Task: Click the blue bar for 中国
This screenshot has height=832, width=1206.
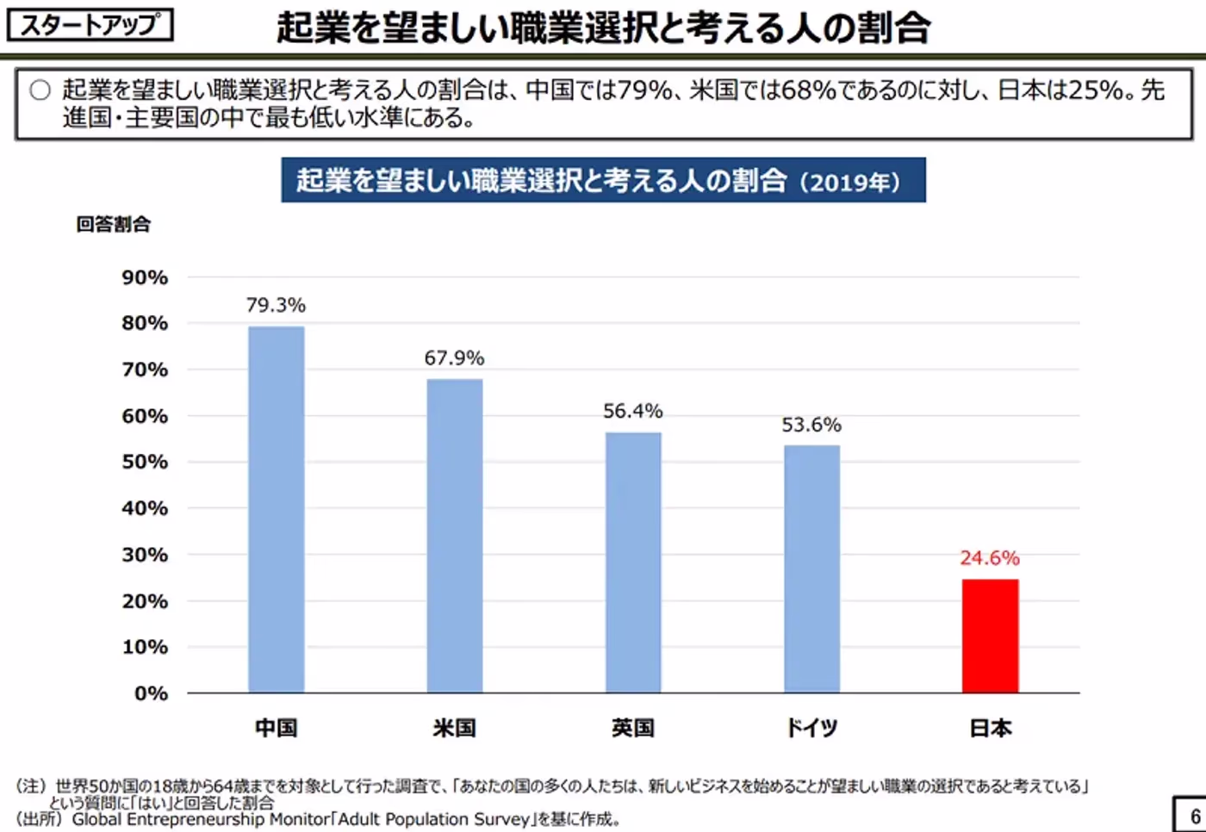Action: (x=276, y=509)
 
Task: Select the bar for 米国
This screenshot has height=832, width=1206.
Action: (x=455, y=536)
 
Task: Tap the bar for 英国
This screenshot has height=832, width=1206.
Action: (x=633, y=562)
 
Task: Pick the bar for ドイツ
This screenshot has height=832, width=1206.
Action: (x=811, y=568)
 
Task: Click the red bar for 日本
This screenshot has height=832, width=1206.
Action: (x=990, y=636)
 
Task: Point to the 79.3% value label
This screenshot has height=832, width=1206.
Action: (x=276, y=305)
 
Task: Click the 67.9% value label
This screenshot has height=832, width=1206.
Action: (x=454, y=357)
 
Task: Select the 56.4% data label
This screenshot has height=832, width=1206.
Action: (x=633, y=411)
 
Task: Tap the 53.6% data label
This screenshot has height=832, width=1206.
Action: (x=811, y=425)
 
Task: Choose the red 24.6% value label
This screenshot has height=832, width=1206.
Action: (x=990, y=558)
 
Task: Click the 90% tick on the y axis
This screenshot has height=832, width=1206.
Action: (x=145, y=277)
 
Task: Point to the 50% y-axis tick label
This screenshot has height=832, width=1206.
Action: (x=145, y=462)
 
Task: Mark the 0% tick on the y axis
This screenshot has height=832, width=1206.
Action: (x=151, y=693)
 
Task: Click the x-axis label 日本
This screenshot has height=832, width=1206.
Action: (x=991, y=728)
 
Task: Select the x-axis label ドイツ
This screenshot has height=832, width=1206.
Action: (x=811, y=728)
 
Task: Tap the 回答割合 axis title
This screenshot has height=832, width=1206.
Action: (x=113, y=225)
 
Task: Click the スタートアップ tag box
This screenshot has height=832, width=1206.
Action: (x=90, y=25)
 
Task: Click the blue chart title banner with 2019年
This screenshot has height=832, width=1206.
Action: (x=603, y=180)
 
